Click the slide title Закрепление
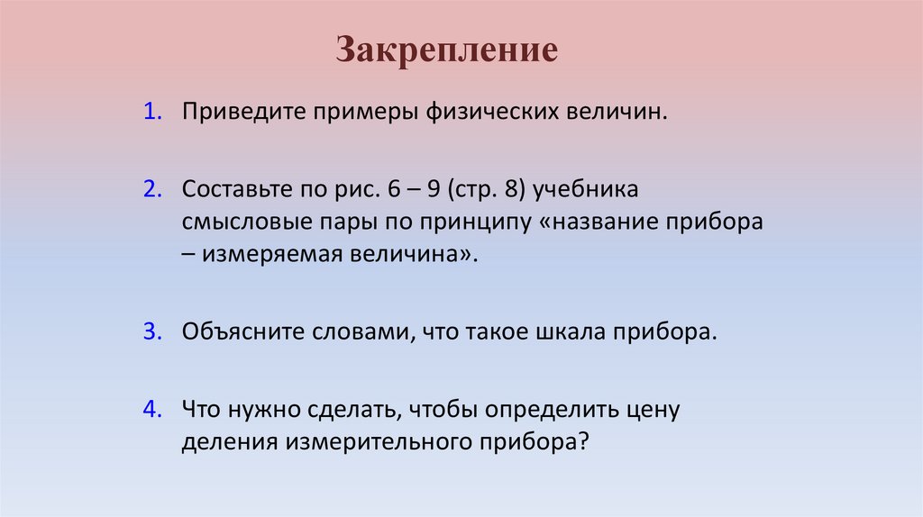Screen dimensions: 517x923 click(447, 50)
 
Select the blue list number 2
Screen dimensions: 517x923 click(150, 191)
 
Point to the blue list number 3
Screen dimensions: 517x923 click(150, 331)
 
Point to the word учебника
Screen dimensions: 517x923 click(593, 192)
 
